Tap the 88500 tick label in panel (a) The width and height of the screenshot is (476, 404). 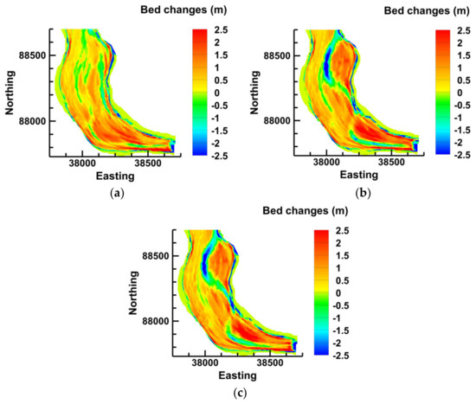tap(32, 55)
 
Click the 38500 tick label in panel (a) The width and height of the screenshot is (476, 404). tap(151, 161)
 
